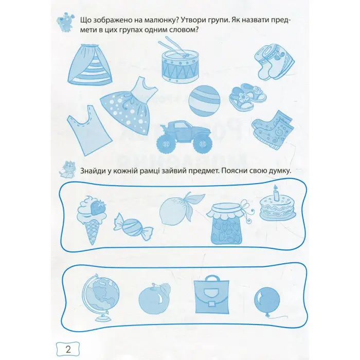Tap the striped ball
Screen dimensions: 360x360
pos(205,101)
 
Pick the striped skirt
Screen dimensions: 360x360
pos(90,64)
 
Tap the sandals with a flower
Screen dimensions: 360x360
pos(248,97)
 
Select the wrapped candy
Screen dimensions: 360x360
pos(133,225)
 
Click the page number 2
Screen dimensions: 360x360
pos(68,350)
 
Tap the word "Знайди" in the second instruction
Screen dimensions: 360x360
pos(93,171)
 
